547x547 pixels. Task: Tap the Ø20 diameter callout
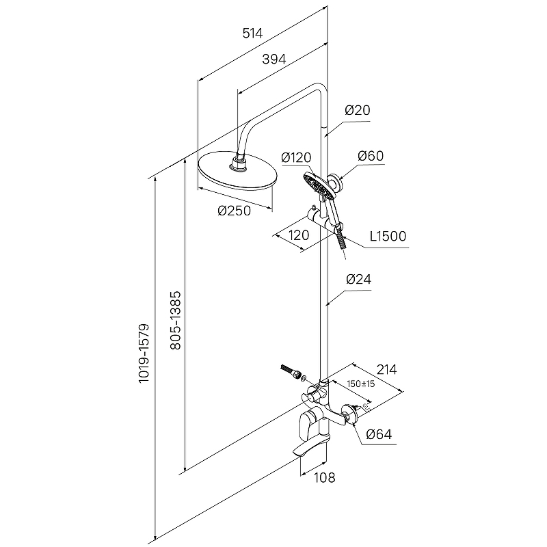[358, 110]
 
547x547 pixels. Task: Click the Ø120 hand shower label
[296, 158]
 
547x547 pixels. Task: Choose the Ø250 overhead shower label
[235, 211]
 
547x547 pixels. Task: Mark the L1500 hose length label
[388, 237]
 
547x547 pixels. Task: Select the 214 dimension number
[386, 369]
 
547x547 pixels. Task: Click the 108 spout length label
[325, 478]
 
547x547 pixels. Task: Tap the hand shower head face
[317, 183]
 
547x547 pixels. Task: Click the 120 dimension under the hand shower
[298, 235]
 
